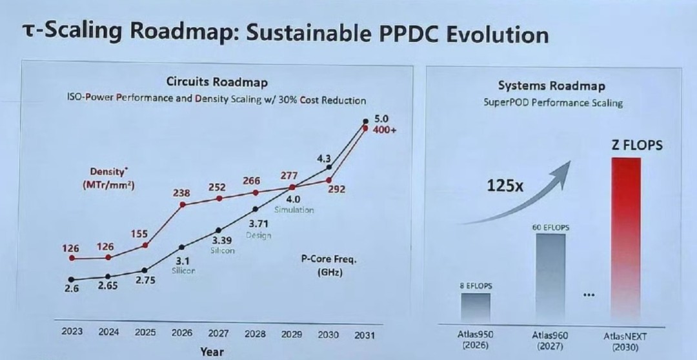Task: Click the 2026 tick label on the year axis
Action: coord(182,333)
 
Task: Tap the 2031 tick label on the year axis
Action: coord(364,335)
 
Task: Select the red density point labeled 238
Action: coord(182,205)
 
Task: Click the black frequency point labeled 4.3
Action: coord(329,167)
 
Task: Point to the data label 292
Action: coord(337,189)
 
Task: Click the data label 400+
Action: coord(383,130)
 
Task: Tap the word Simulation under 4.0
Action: coord(294,210)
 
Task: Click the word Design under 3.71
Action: coord(259,235)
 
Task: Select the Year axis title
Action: coord(212,352)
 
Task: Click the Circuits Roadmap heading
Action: coord(217,82)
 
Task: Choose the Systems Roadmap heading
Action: coord(551,85)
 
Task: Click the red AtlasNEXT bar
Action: coord(626,240)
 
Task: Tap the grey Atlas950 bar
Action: coord(476,308)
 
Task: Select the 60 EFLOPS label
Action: coord(551,228)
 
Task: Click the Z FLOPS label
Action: coord(637,145)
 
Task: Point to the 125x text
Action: coord(505,186)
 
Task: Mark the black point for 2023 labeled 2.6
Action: coord(72,279)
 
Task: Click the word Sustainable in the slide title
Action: coord(307,34)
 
